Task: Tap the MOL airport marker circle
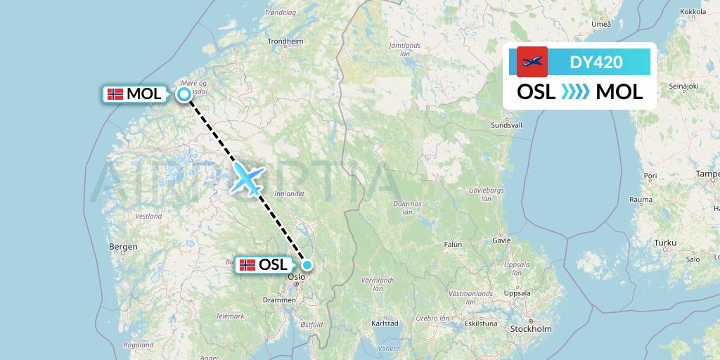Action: coord(184,94)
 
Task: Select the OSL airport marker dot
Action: coord(307,265)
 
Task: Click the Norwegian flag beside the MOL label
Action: coord(115,94)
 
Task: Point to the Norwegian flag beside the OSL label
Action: coord(247,265)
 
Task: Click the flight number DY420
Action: coord(596,62)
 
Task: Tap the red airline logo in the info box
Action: coord(532,62)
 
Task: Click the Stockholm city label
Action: coord(531,329)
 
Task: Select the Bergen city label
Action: coord(123,247)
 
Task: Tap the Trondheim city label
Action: coord(285,41)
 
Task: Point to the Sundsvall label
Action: coord(506,125)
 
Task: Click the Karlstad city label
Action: coord(385,323)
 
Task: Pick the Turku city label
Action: coord(664,243)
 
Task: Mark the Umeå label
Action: coord(601,24)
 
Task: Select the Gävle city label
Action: coord(501,240)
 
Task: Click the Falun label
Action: coord(453,245)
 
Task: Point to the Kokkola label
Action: coord(693,12)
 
